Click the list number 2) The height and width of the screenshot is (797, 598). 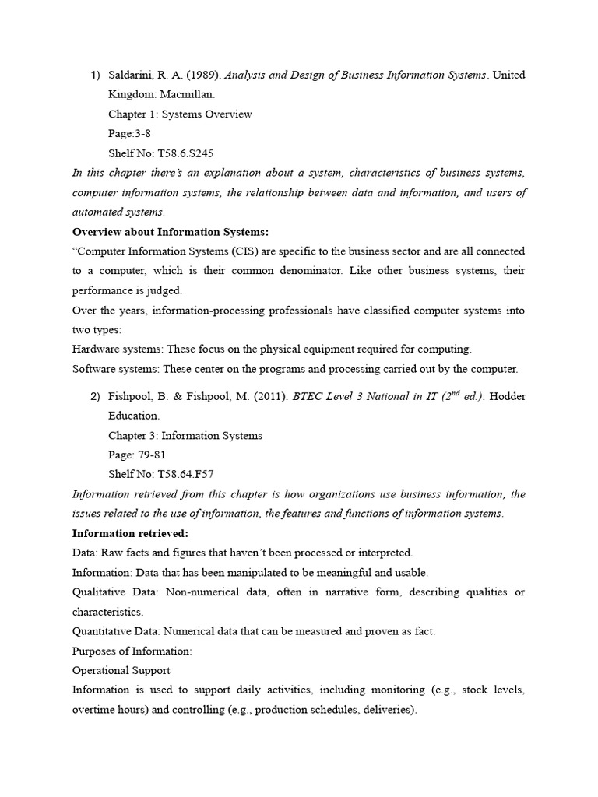pos(95,396)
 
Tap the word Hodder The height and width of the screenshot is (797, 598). pos(507,396)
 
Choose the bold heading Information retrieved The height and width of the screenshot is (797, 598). pos(130,533)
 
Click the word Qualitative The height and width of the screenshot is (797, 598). pos(100,592)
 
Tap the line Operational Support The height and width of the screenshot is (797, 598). pos(121,670)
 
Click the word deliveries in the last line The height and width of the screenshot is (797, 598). pos(389,710)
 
